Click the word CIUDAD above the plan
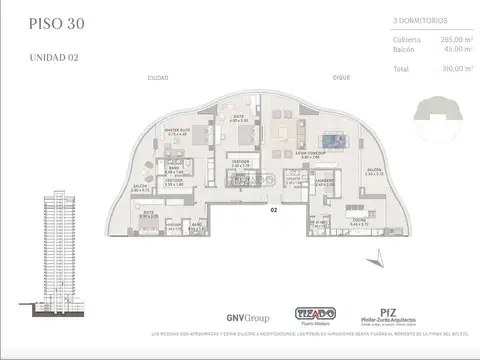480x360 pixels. [x=157, y=105]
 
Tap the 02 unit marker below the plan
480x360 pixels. [x=272, y=211]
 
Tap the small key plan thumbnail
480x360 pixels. [x=445, y=108]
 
